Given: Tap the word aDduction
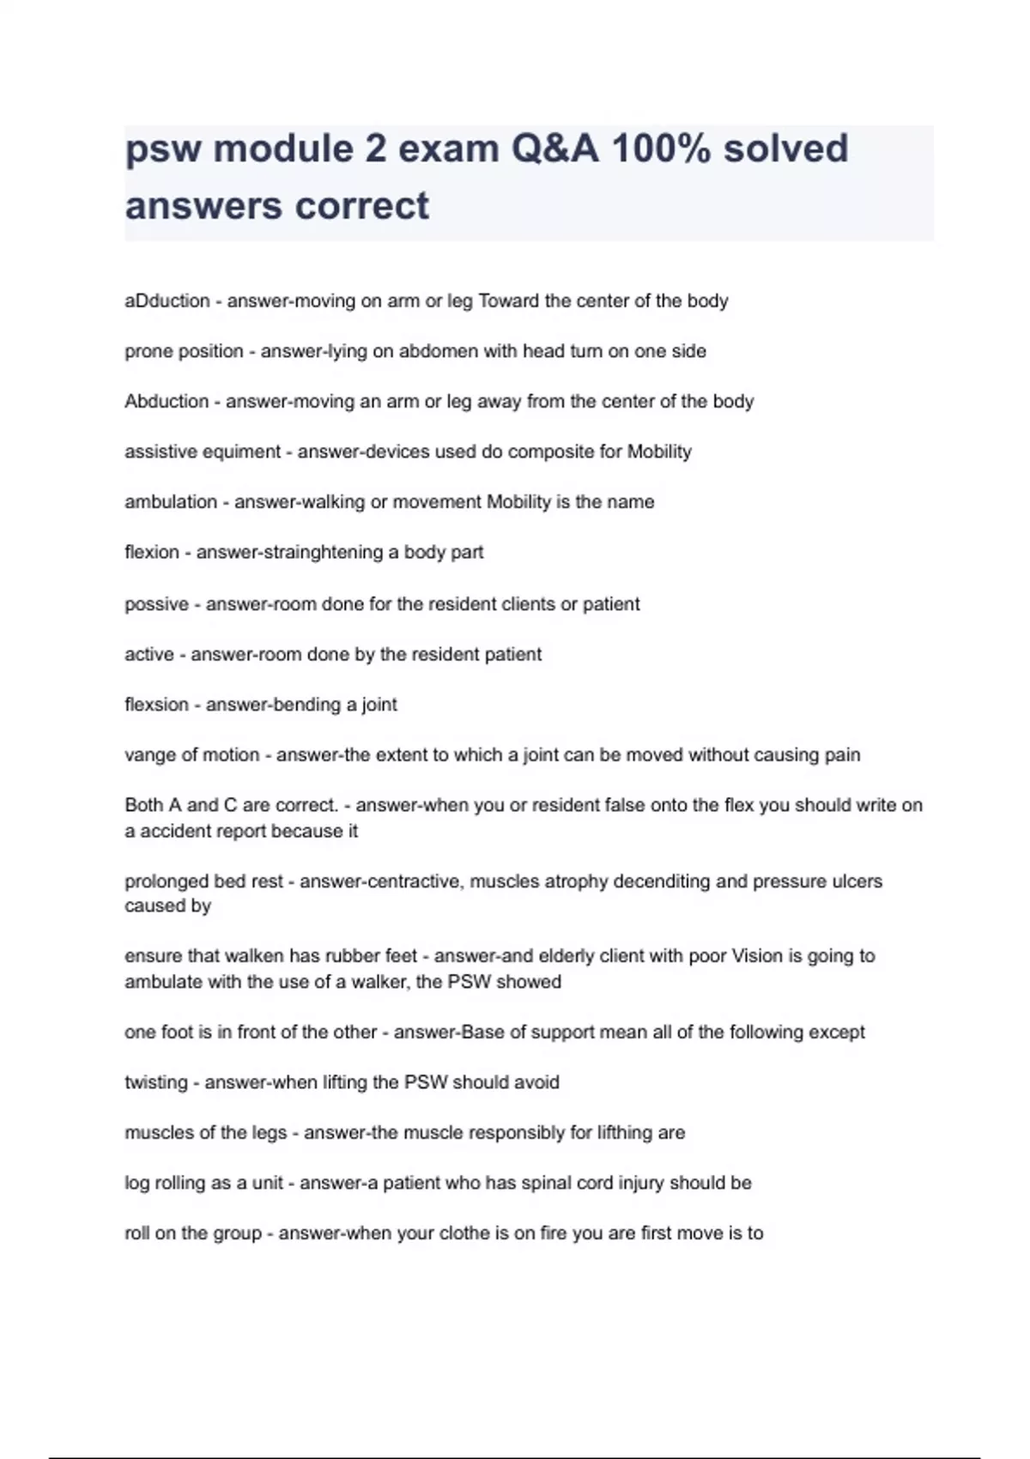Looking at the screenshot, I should [x=167, y=301].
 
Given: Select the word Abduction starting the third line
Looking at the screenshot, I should [x=167, y=402].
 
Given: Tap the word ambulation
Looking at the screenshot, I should [x=171, y=502].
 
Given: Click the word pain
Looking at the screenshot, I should [x=841, y=755].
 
